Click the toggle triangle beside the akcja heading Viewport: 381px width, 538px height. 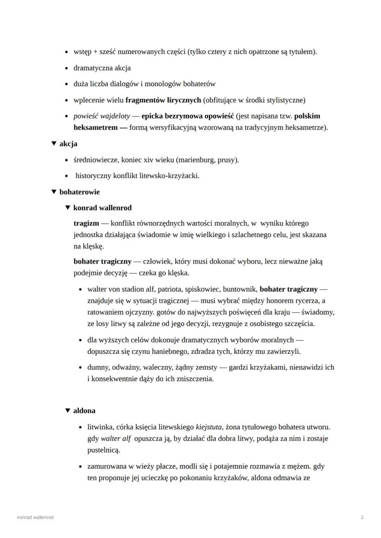(54, 144)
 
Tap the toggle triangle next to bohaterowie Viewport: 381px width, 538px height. (54, 192)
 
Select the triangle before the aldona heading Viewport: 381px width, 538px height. (68, 410)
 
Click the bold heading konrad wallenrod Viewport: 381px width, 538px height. (102, 208)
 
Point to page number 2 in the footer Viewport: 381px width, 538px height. (362, 517)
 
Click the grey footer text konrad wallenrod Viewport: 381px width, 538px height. (35, 517)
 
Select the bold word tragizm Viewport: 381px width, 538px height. (86, 223)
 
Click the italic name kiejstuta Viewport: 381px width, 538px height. (210, 427)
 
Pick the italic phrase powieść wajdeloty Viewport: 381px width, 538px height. (102, 116)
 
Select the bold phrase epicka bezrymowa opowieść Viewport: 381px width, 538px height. (187, 116)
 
